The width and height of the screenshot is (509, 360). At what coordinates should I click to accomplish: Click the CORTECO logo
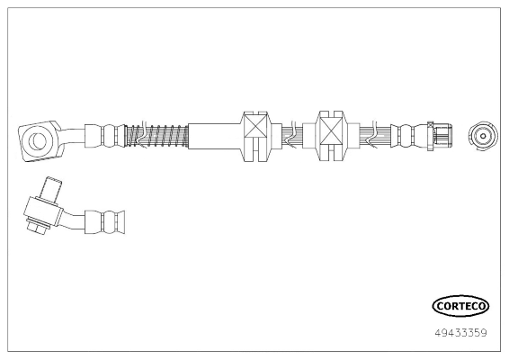click(460, 306)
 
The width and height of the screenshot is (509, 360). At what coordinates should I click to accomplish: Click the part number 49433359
click(460, 333)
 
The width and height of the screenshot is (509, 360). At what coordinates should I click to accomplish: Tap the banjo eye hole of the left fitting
click(39, 140)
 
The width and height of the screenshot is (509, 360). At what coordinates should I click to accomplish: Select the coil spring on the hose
click(156, 135)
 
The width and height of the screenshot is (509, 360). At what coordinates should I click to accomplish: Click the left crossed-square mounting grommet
click(256, 137)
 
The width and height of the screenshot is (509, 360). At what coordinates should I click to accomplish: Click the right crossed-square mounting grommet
click(331, 136)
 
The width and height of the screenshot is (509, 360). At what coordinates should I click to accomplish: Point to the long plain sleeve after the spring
click(214, 136)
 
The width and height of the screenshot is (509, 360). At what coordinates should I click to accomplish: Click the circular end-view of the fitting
click(483, 136)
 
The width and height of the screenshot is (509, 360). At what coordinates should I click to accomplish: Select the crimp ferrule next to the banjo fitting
click(105, 136)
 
